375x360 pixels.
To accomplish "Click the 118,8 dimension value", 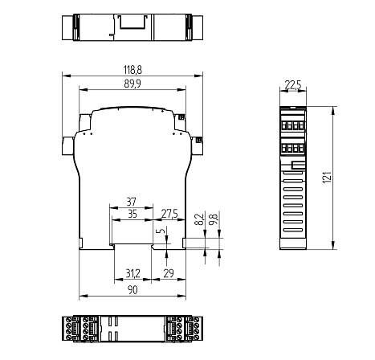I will pyautogui.click(x=132, y=71).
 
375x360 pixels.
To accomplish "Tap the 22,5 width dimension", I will pyautogui.click(x=292, y=84).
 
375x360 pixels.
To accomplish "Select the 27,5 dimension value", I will pyautogui.click(x=169, y=213).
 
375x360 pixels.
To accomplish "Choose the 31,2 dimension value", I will pyautogui.click(x=133, y=274).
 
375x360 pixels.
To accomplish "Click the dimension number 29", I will pyautogui.click(x=169, y=274).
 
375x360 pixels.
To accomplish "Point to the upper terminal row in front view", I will pyautogui.click(x=292, y=125).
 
